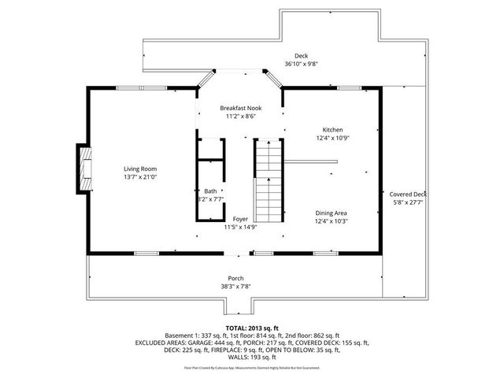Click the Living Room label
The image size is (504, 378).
pos(139,169)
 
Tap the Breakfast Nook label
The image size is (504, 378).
pos(240,108)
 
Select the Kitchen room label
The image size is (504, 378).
pos(332,130)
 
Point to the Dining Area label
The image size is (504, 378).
pos(332,213)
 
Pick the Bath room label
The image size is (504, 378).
pos(210,191)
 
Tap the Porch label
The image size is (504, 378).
pos(235,279)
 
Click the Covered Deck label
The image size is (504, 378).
pos(408,195)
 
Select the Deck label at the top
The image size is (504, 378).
pos(301,56)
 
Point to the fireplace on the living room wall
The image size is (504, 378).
pos(83,169)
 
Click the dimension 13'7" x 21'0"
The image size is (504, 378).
pos(139,177)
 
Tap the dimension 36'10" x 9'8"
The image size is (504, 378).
pos(301,64)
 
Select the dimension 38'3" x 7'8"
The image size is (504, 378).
pos(235,287)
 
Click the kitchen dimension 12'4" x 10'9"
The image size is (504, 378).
pos(332,138)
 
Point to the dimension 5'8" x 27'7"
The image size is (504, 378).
pos(408,202)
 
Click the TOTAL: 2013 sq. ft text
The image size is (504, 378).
pos(252,327)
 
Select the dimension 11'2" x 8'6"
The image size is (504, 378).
pos(240,116)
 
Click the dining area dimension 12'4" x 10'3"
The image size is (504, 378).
pos(332,220)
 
